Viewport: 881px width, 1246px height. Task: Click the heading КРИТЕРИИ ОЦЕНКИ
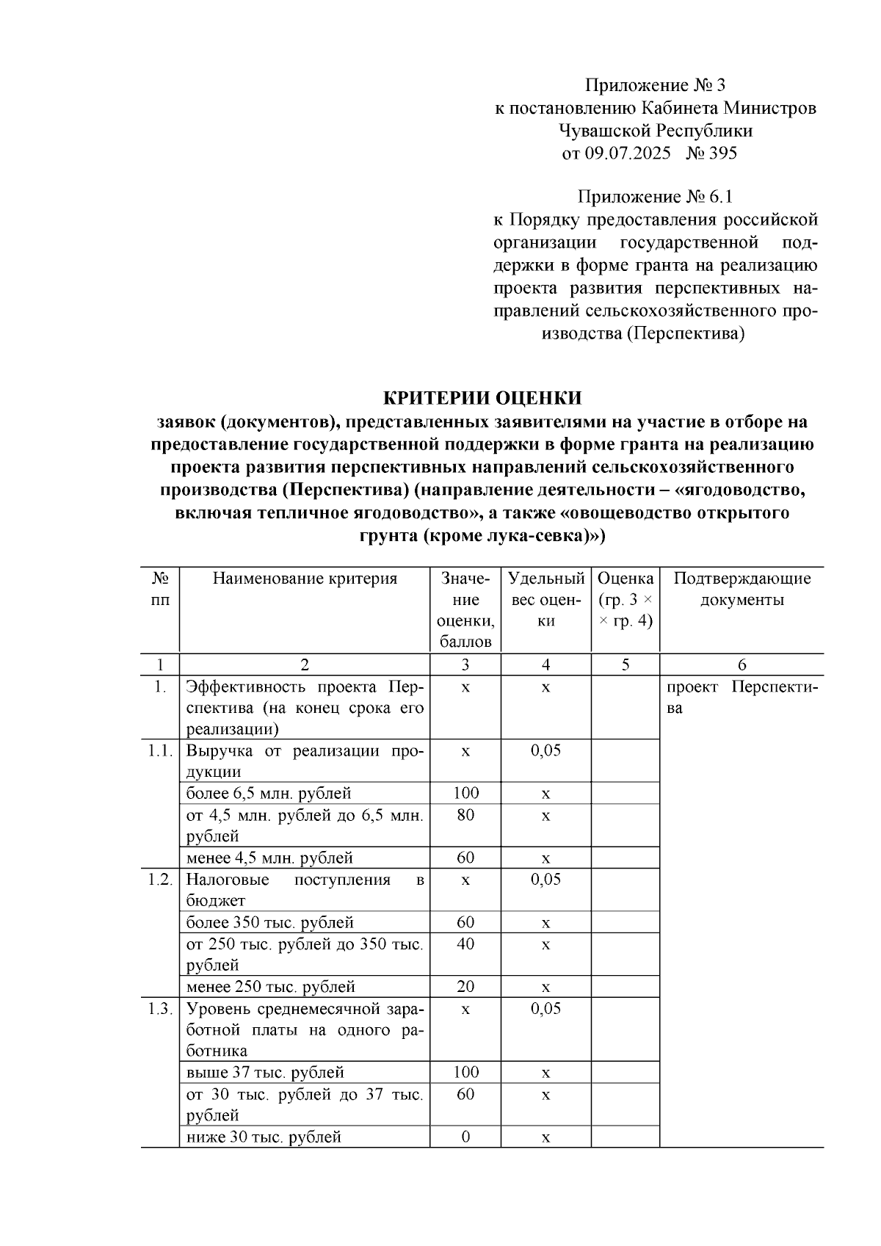tap(482, 398)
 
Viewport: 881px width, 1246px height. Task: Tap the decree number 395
tap(722, 153)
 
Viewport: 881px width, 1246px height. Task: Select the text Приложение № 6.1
tap(656, 197)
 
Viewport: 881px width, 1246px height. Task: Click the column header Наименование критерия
tap(305, 579)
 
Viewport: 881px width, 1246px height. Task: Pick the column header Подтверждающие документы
tap(742, 589)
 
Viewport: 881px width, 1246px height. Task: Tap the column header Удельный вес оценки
tap(545, 599)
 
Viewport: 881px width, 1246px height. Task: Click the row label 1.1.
tap(159, 750)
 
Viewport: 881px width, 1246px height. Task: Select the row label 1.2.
tap(159, 880)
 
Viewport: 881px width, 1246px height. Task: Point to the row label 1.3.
tap(159, 1008)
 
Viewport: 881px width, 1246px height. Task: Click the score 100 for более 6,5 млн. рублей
tap(465, 793)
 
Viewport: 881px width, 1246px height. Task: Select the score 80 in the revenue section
tap(465, 815)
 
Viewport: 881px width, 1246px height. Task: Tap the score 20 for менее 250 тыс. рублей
tap(465, 987)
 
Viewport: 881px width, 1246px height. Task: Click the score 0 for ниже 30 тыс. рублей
tap(465, 1137)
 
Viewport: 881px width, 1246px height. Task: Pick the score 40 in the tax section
tap(465, 943)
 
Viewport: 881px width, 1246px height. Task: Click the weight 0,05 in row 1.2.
tap(545, 880)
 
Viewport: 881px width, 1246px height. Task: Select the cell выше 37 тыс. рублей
tap(265, 1073)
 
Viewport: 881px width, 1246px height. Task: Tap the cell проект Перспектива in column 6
tap(742, 698)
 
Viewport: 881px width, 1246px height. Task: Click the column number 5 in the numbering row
tap(625, 664)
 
